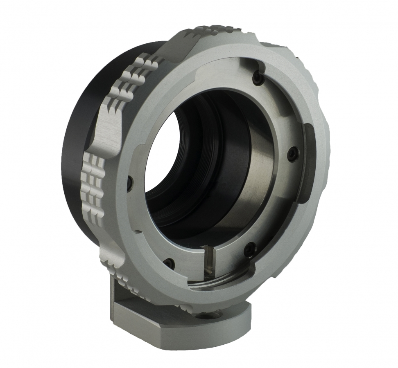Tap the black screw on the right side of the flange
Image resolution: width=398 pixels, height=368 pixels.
pyautogui.click(x=292, y=153)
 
